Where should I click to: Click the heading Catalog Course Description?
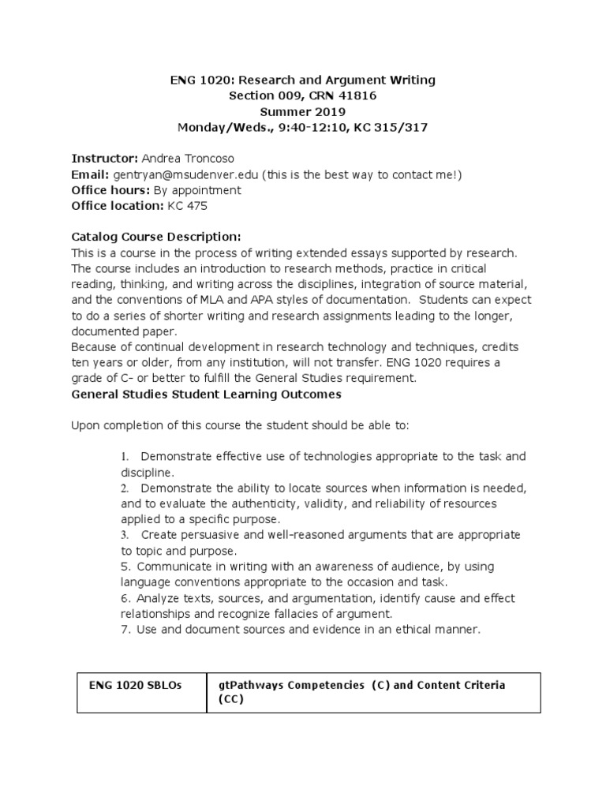(155, 237)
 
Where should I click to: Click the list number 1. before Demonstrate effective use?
(125, 457)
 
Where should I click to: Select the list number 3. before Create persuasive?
(125, 535)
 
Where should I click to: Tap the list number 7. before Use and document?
(125, 629)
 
